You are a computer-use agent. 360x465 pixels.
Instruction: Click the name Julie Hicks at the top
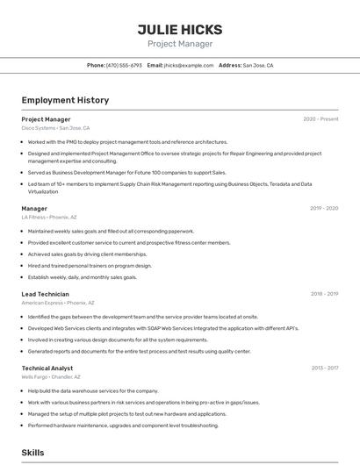[x=180, y=29]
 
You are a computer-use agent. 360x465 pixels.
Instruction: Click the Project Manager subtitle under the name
[x=180, y=44]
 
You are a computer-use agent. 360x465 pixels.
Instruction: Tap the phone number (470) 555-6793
[x=124, y=65]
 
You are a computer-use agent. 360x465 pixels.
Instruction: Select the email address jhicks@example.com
[x=189, y=65]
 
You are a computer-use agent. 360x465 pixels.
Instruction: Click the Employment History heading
[x=65, y=100]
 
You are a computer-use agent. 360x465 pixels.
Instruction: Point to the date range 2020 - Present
[x=320, y=119]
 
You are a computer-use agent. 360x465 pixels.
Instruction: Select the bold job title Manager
[x=34, y=208]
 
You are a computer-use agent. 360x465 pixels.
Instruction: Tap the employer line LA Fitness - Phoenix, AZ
[x=49, y=217]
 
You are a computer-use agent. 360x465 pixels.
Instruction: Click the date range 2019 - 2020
[x=324, y=209]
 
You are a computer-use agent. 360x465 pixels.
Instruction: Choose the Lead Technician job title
[x=45, y=294]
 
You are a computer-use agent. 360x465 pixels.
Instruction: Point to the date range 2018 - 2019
[x=324, y=295]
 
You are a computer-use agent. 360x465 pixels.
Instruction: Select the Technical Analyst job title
[x=47, y=368]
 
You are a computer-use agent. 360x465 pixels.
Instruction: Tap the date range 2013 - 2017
[x=324, y=369]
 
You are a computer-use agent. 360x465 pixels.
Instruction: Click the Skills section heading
[x=32, y=453]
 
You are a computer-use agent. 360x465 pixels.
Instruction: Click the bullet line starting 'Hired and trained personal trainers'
[x=90, y=265]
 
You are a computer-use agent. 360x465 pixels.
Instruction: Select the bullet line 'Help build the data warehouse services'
[x=93, y=390]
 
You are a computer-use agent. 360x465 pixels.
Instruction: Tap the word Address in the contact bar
[x=229, y=65]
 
